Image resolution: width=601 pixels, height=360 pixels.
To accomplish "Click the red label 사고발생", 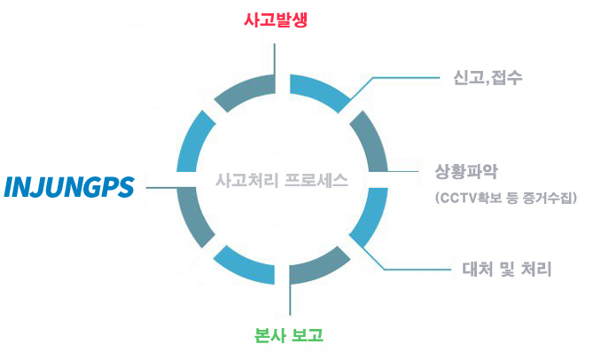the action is tap(276, 20).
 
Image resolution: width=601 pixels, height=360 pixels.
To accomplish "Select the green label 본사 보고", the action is tap(289, 335).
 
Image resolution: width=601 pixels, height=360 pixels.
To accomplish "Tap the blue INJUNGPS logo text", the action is tap(69, 187).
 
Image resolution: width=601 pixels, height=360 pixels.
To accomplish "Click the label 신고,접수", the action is tap(488, 78).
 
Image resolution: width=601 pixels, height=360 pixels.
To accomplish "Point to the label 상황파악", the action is tap(466, 172).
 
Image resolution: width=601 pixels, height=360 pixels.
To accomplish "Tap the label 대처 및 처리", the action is tap(507, 270).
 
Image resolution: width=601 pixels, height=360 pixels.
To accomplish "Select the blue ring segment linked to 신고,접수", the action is tap(320, 90).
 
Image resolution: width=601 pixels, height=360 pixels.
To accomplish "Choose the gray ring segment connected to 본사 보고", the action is tap(320, 268).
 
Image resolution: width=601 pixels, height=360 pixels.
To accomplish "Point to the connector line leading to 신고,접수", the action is tap(391, 78).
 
